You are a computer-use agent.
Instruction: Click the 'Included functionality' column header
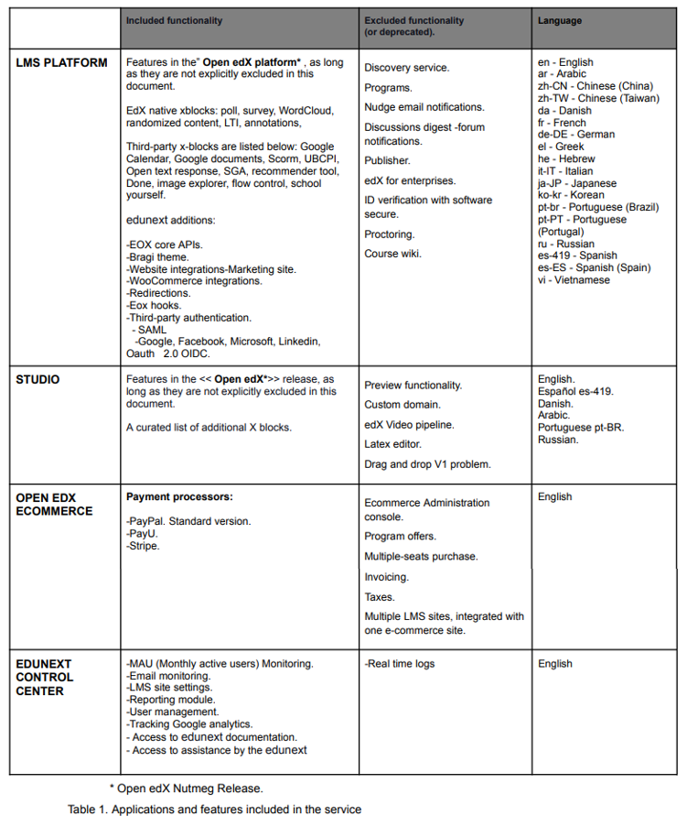click(x=174, y=20)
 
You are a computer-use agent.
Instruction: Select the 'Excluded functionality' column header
click(x=413, y=20)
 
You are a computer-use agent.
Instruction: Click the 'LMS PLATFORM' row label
click(x=61, y=63)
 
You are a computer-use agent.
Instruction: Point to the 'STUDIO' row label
click(x=38, y=379)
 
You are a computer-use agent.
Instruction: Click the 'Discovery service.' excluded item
click(x=406, y=68)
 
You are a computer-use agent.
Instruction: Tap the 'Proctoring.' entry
click(x=389, y=234)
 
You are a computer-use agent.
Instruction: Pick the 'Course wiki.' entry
click(x=392, y=254)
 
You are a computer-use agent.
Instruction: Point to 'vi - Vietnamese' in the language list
click(x=574, y=280)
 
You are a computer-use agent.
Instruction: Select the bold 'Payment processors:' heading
click(x=179, y=496)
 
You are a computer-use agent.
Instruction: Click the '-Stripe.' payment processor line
click(x=143, y=546)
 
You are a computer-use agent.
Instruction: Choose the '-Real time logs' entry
click(x=399, y=663)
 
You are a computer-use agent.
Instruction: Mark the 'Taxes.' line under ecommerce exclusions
click(x=380, y=597)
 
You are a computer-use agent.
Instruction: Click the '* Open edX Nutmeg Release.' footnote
click(x=187, y=788)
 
